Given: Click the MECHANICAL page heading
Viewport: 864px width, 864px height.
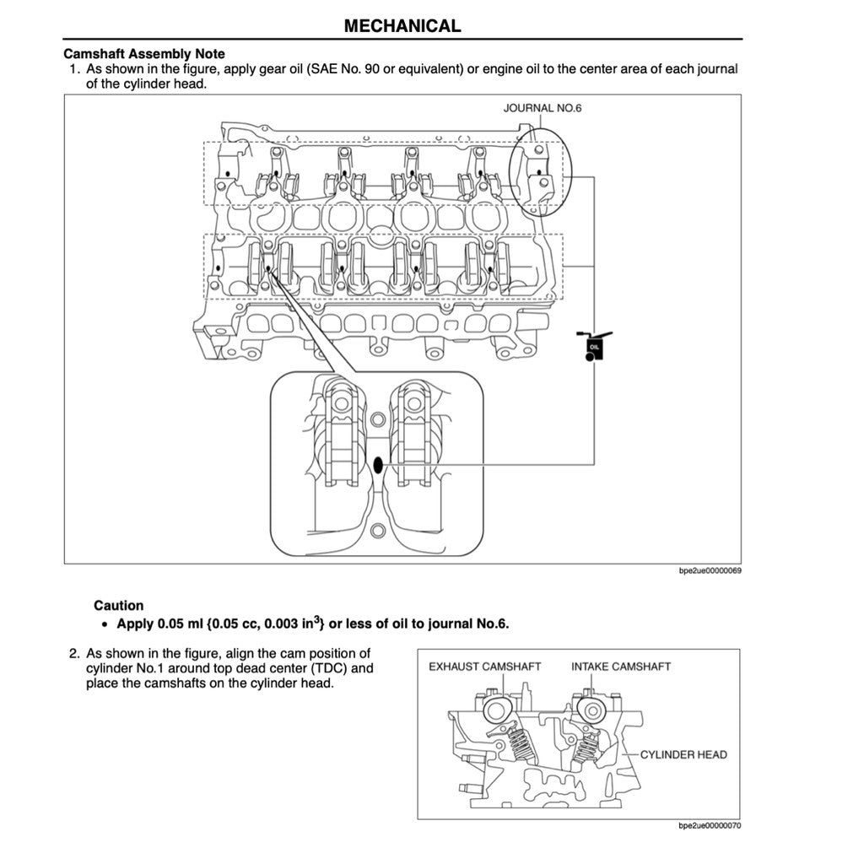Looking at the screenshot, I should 402,25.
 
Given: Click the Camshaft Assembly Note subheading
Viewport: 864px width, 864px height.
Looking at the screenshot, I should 144,54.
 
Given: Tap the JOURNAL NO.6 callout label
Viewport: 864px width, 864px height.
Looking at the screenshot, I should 543,108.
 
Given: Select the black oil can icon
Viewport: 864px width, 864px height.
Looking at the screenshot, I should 595,346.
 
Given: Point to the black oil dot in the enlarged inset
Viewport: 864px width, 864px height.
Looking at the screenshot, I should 378,464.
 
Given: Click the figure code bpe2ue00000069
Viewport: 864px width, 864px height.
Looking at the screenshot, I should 710,571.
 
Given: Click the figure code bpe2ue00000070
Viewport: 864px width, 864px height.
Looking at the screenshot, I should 710,826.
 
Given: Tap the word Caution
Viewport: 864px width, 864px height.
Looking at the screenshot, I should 119,605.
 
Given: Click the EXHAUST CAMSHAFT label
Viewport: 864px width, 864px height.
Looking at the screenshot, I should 484,667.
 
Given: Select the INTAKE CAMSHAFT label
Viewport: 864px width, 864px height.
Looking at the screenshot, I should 621,667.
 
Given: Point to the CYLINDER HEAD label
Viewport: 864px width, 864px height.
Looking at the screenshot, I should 683,754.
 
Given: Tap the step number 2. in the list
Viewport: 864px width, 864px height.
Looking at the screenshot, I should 74,653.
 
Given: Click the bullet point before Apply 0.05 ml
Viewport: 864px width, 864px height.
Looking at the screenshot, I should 104,625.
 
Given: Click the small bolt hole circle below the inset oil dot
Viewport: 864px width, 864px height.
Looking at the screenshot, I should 378,530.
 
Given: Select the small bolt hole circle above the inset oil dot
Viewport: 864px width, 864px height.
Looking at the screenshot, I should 378,419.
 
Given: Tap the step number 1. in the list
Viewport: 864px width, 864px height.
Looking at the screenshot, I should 74,69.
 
